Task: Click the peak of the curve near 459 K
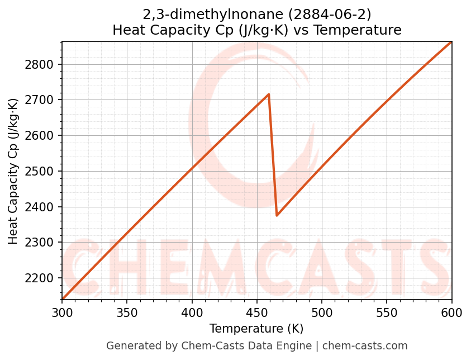tap(269, 94)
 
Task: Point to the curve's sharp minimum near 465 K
tap(277, 215)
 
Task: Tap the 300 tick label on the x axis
tap(62, 314)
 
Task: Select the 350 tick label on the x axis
tap(127, 314)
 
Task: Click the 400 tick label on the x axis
tap(192, 314)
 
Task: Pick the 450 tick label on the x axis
tap(257, 314)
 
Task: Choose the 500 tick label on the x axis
tap(322, 314)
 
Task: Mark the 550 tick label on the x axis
tap(387, 314)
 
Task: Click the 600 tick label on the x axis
tap(451, 314)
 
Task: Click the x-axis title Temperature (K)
tap(256, 329)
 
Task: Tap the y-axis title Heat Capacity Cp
tap(13, 171)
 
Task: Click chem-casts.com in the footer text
tap(365, 346)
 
